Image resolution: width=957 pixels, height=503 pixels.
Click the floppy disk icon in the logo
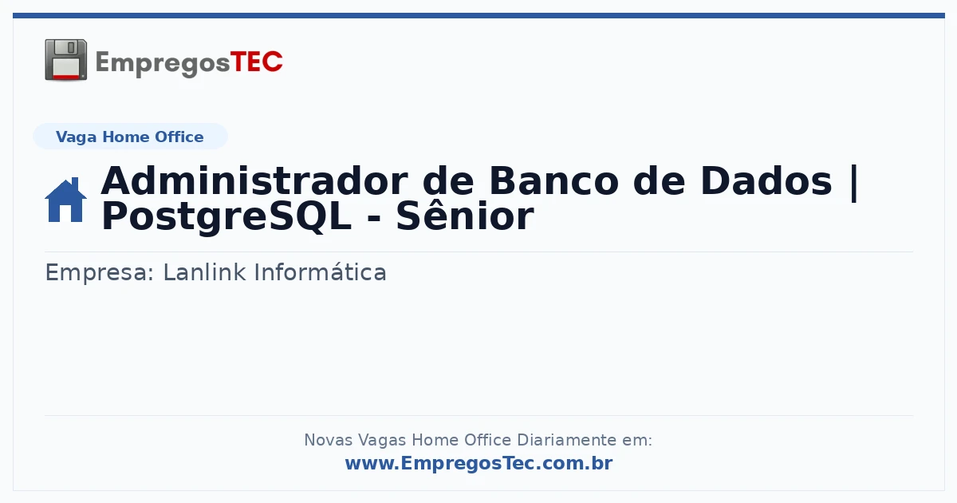(x=65, y=60)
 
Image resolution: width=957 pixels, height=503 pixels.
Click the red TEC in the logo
(x=256, y=62)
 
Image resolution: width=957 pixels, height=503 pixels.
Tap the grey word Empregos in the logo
(x=163, y=64)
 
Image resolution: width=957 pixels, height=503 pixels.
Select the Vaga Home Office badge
(x=130, y=137)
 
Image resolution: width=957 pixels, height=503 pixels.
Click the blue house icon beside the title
(x=65, y=200)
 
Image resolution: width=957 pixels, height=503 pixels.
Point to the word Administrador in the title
(x=254, y=181)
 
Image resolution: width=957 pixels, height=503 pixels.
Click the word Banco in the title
(x=553, y=181)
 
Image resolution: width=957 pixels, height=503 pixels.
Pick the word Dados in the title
(x=766, y=181)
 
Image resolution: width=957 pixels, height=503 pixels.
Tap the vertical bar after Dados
(x=854, y=183)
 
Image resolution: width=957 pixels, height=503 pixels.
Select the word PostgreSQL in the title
(x=226, y=217)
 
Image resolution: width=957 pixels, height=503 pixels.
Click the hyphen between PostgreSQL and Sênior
(x=374, y=220)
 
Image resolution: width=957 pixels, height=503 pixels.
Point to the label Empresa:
(x=100, y=272)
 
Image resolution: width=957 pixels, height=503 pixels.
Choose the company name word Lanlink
(x=205, y=272)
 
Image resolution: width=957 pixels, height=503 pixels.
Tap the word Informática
(x=321, y=272)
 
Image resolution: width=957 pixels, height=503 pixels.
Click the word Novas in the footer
(x=329, y=440)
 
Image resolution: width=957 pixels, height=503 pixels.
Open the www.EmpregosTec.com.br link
(x=479, y=463)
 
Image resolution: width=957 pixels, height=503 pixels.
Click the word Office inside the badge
(x=179, y=137)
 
